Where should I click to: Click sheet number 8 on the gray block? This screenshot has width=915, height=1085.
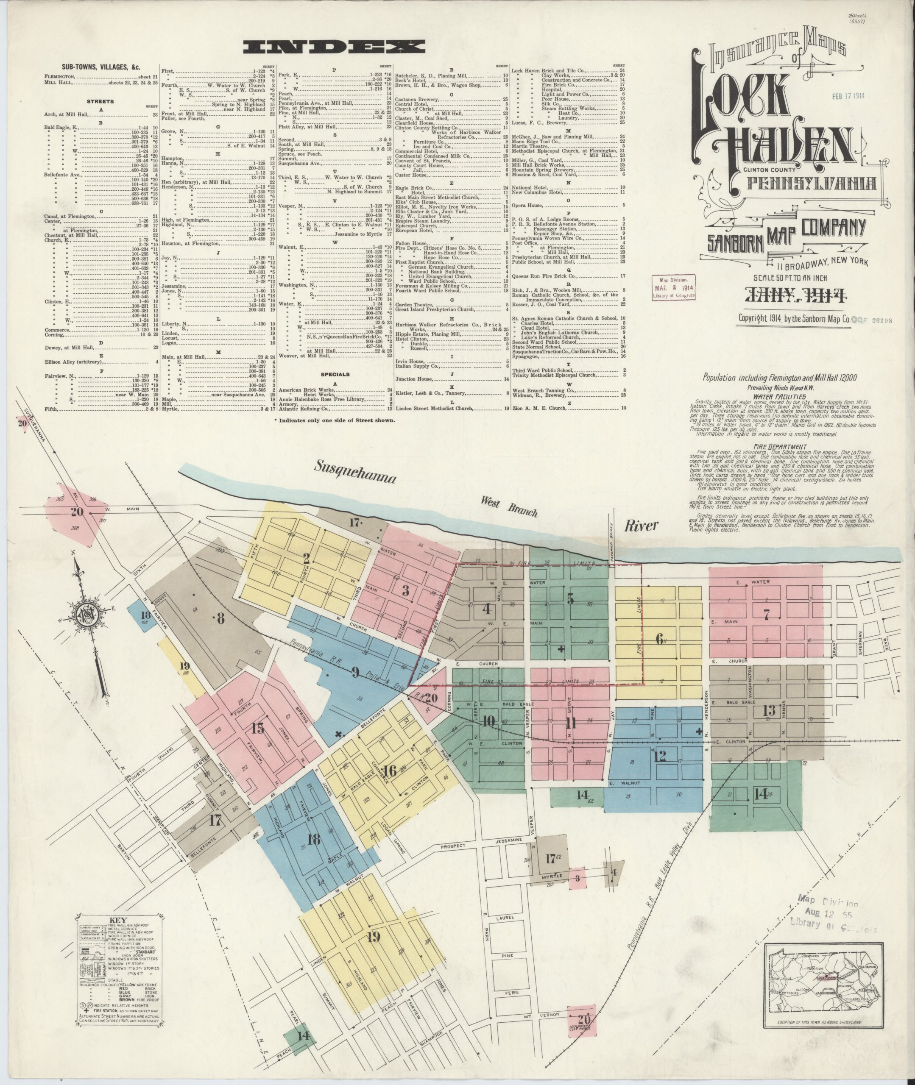tap(221, 618)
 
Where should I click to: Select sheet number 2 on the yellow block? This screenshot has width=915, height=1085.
tap(307, 559)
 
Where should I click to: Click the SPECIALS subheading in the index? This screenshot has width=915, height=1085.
tap(335, 374)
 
